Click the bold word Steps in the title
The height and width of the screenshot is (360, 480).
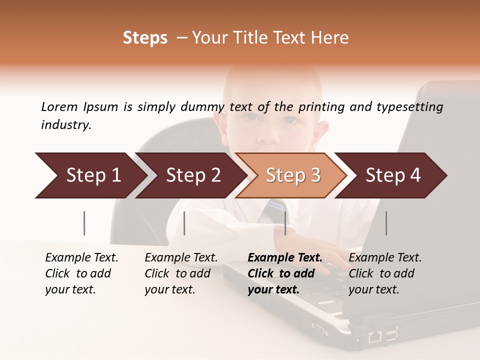click(145, 38)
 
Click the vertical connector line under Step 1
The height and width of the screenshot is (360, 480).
click(84, 223)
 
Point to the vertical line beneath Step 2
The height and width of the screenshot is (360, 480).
click(184, 223)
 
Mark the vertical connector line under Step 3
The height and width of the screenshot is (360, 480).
click(285, 223)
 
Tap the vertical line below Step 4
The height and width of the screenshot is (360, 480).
click(386, 223)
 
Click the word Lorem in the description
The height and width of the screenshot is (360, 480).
click(59, 106)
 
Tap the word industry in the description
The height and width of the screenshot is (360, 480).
click(66, 125)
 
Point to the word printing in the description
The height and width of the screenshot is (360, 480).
click(321, 106)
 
